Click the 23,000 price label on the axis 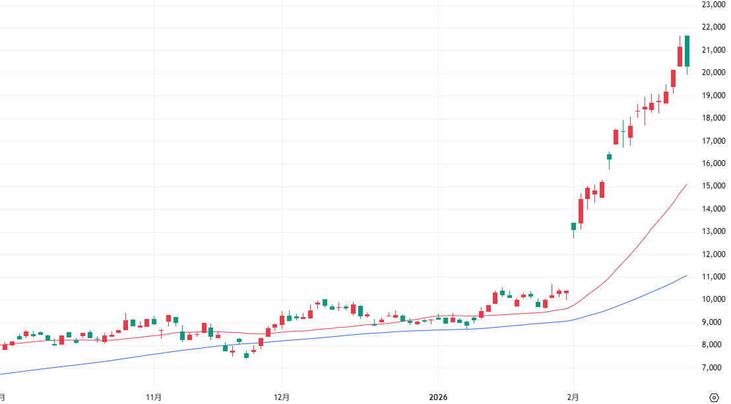714,5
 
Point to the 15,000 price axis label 714,187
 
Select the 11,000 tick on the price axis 714,277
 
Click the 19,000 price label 714,96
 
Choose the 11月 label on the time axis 154,397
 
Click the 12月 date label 282,397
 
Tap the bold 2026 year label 438,397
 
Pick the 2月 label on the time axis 573,397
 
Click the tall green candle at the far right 687,51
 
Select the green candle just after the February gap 574,227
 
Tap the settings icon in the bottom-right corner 714,397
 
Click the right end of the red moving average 687,185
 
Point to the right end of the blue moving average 687,275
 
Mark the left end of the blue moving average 1,374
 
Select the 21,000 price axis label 714,50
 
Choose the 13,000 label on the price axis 714,231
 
